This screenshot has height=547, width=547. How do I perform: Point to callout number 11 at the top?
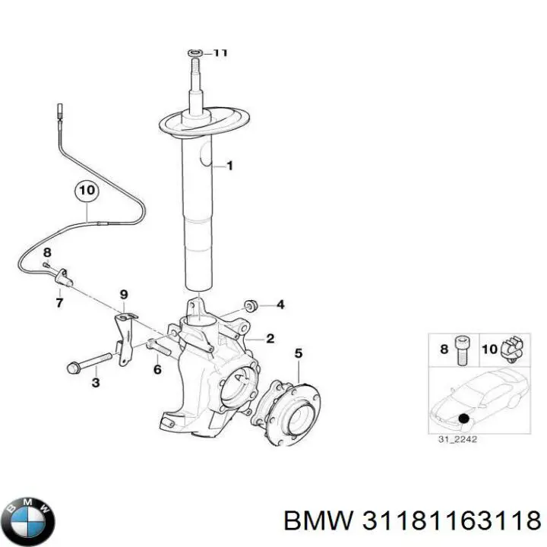coord(220,52)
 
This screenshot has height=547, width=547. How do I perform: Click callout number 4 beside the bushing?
coord(280,305)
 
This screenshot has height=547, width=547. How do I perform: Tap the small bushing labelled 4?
coord(252,305)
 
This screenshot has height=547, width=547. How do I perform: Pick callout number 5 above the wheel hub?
coord(298,353)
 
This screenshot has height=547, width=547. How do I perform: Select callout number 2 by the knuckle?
coord(270,339)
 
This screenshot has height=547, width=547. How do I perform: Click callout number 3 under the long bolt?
coord(96,384)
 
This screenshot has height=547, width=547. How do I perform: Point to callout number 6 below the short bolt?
coord(157,370)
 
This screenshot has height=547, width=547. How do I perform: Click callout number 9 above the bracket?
coord(123,295)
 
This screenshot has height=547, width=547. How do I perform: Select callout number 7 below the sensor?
coord(58,303)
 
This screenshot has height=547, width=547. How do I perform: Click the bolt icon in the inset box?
coord(463,349)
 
